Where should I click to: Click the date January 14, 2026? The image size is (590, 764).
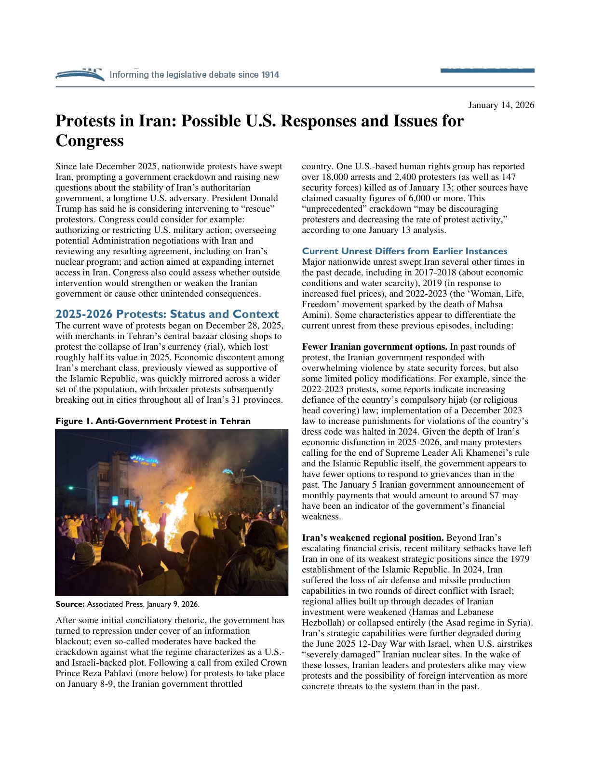click(x=501, y=105)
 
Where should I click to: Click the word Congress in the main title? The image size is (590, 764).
click(x=90, y=141)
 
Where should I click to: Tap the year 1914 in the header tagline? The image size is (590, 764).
click(x=270, y=75)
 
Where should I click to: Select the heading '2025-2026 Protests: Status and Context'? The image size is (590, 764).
click(x=167, y=314)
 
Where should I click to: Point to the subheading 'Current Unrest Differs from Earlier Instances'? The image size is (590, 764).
click(x=404, y=251)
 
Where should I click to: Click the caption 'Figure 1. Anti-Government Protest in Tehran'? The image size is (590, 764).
click(x=153, y=421)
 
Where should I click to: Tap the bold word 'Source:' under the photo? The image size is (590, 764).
click(x=70, y=604)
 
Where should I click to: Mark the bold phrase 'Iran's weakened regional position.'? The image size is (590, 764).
click(x=373, y=538)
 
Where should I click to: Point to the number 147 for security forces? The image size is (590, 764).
click(x=508, y=177)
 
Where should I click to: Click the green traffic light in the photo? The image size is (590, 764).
click(x=70, y=488)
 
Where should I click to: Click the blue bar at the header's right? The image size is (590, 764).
click(x=487, y=71)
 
